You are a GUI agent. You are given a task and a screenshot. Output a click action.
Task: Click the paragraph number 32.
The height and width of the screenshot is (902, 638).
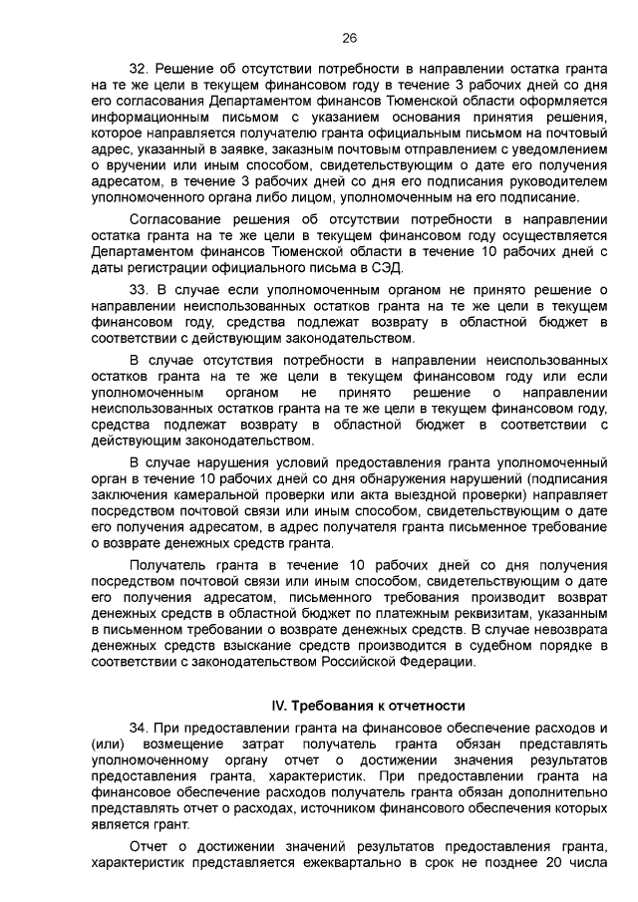click(x=139, y=70)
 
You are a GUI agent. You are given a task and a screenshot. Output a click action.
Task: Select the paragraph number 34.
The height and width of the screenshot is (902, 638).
click(x=139, y=728)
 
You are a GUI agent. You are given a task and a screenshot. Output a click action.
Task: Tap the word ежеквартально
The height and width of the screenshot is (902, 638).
click(x=386, y=862)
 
